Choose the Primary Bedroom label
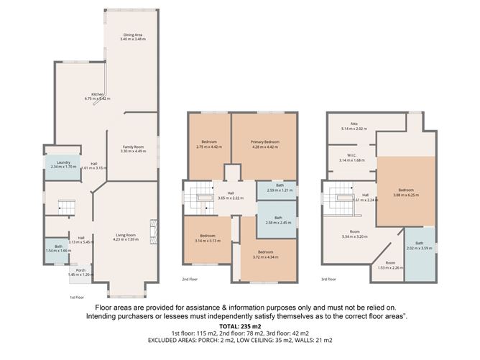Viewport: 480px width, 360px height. (x=265, y=144)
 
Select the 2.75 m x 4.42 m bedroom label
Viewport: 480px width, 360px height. (x=208, y=144)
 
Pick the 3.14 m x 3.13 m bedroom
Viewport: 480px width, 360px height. (x=207, y=238)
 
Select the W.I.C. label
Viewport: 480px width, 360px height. (x=352, y=157)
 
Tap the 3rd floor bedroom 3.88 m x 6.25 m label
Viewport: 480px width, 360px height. (x=406, y=193)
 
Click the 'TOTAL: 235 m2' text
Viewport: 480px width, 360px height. (x=240, y=327)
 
